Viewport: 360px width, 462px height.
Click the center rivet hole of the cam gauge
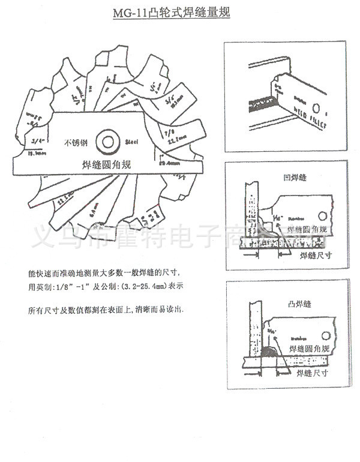tap(109, 141)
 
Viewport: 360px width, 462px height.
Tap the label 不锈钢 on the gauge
tap(76, 144)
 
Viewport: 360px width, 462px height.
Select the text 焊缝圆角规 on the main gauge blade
tap(105, 164)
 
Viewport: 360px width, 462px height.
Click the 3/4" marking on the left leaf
tap(36, 141)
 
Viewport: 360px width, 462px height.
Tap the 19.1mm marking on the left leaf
tap(36, 154)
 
